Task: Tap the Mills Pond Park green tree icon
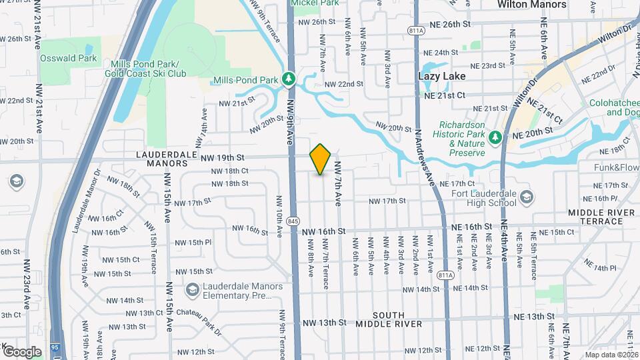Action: (x=289, y=80)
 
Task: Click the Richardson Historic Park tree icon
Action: (x=495, y=137)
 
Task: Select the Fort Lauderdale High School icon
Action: (x=527, y=197)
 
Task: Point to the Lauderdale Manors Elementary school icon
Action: (x=193, y=290)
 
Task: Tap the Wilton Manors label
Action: (x=532, y=5)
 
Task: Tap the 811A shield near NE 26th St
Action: (x=415, y=30)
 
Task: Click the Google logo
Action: (x=22, y=351)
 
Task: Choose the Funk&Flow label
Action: (x=616, y=168)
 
